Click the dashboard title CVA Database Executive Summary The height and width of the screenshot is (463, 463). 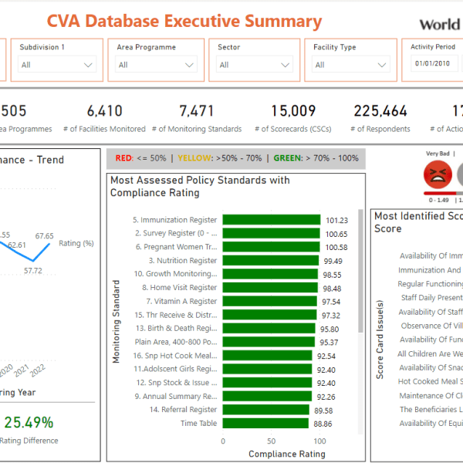pyautogui.click(x=184, y=22)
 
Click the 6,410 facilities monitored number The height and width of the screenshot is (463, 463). pyautogui.click(x=105, y=111)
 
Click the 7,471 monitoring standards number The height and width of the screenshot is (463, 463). pyautogui.click(x=197, y=111)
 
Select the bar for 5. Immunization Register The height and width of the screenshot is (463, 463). pyautogui.click(x=270, y=220)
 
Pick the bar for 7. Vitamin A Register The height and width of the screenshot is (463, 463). pyautogui.click(x=269, y=301)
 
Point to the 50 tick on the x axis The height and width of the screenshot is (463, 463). pyautogui.click(x=271, y=441)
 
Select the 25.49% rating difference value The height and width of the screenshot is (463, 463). pyautogui.click(x=29, y=422)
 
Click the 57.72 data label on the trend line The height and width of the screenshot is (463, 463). pyautogui.click(x=32, y=271)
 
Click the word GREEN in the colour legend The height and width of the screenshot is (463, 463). pyautogui.click(x=287, y=158)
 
